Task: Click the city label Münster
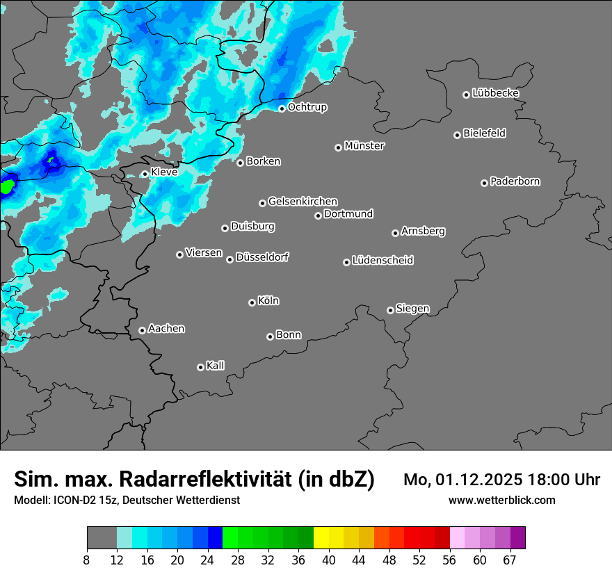pos(364,146)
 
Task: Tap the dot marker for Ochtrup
pos(282,108)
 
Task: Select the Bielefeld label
pos(484,133)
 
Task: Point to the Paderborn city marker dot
pos(484,183)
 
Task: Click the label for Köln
pos(268,301)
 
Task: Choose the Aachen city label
pos(166,329)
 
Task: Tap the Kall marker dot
pos(200,367)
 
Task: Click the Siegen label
pos(412,309)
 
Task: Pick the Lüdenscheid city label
pos(382,261)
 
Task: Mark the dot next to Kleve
pos(145,174)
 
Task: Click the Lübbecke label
pos(495,93)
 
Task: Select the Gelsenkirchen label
pos(303,202)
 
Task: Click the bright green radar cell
pos(7,186)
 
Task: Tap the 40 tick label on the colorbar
pos(329,559)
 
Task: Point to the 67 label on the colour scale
pos(510,559)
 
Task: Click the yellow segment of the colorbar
pos(321,537)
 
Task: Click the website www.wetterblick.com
pos(501,501)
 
